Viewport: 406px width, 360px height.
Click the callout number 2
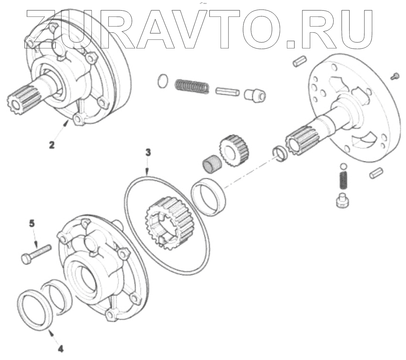click(52, 145)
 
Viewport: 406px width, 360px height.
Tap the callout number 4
click(61, 348)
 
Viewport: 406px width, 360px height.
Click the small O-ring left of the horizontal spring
click(162, 81)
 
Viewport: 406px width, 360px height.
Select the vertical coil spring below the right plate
click(344, 180)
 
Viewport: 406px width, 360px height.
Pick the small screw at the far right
click(395, 75)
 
